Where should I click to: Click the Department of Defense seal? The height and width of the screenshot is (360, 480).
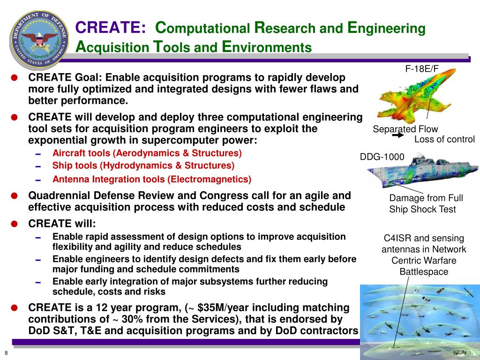coord(39,40)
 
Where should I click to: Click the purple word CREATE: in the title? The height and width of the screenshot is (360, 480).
coord(111,27)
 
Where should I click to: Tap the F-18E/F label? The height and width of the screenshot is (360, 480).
coord(422,68)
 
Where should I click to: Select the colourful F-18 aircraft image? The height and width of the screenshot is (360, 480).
coord(416,95)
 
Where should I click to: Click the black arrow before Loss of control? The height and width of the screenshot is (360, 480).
coord(398,135)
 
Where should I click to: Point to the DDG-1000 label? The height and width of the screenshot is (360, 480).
coord(382,157)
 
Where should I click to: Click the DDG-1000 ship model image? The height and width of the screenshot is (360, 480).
coord(422,172)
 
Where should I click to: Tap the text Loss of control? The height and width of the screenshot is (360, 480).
coord(444,139)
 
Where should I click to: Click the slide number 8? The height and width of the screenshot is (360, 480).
coord(6,353)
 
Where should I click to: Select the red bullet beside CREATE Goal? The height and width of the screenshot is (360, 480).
coord(15,78)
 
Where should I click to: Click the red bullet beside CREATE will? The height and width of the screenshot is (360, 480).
coord(15,224)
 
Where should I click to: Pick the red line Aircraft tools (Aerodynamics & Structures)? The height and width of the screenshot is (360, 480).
coord(147,153)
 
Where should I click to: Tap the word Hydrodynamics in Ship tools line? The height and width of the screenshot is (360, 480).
coord(138,165)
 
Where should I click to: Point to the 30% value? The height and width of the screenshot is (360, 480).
coord(132,319)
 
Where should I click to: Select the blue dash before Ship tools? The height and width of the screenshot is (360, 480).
coord(38,167)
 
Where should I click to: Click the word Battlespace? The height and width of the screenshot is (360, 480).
coord(424,272)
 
